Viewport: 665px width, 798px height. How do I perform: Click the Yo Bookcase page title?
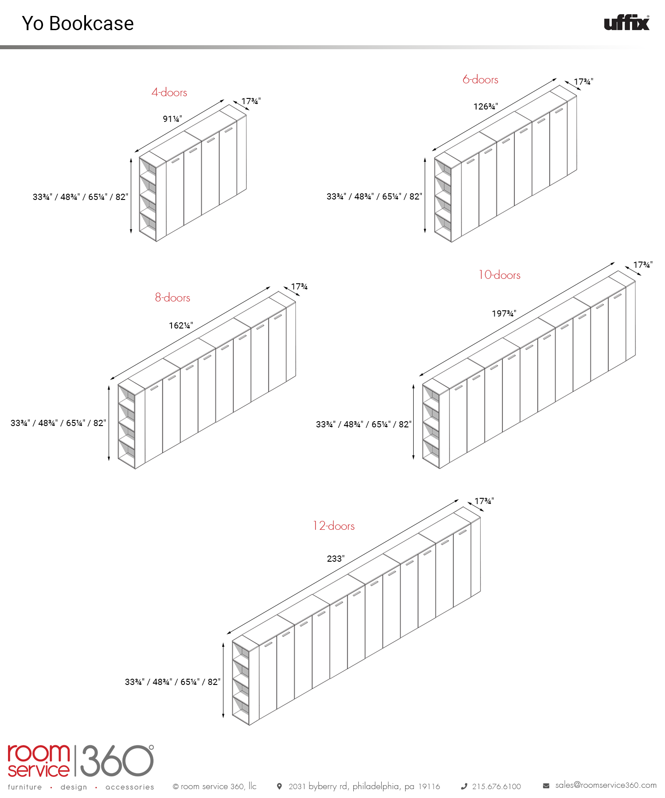(x=78, y=23)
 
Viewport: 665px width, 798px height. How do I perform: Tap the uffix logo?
(x=627, y=23)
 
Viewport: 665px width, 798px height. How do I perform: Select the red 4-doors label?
(x=169, y=92)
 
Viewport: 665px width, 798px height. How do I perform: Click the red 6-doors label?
(x=481, y=79)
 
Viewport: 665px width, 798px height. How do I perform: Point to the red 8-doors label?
(x=172, y=297)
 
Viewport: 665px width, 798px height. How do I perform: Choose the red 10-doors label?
(x=499, y=275)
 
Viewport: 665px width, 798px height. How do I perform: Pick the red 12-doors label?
(x=334, y=526)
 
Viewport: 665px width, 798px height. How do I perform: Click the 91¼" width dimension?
(x=172, y=119)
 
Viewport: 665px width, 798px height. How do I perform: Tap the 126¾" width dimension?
(x=485, y=106)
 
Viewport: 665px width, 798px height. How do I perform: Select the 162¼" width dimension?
(x=181, y=325)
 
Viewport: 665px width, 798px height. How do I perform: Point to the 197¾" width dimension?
(x=504, y=313)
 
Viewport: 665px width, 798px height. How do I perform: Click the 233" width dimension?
(x=336, y=559)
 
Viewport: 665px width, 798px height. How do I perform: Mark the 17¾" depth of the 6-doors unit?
(x=583, y=82)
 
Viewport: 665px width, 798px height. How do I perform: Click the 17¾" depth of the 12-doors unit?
(x=484, y=501)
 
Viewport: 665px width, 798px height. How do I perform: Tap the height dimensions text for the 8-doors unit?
(x=59, y=423)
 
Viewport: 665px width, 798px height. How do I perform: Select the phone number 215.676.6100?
(x=497, y=786)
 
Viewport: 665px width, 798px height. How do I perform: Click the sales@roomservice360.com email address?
(x=606, y=785)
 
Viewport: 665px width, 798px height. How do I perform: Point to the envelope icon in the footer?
(x=546, y=786)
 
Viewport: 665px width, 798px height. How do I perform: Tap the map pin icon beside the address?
(x=279, y=786)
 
